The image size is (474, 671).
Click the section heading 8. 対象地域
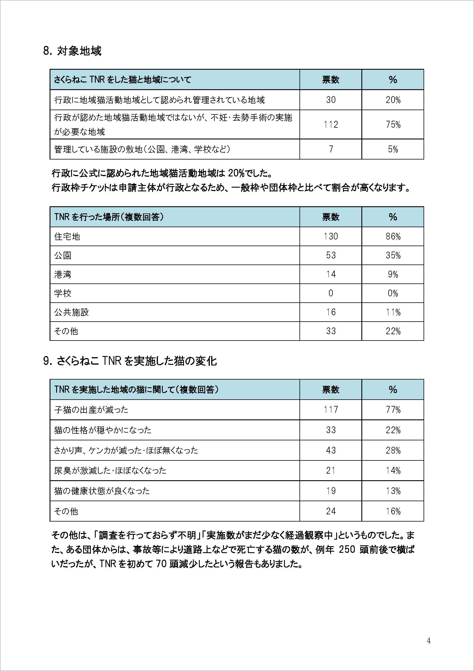72,51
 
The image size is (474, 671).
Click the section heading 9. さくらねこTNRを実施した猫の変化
130,361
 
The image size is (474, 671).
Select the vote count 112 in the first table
331,125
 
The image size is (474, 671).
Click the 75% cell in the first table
393,125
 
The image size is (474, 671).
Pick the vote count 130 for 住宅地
331,236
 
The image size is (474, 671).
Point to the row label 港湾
63,275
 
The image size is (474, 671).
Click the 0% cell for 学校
393,293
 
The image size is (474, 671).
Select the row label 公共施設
72,312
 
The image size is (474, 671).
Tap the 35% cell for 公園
393,255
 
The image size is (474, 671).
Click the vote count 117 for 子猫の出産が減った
331,409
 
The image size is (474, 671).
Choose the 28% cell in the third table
393,450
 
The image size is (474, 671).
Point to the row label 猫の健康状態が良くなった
102,491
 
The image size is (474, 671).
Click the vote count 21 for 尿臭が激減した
331,470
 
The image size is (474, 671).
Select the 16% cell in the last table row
393,511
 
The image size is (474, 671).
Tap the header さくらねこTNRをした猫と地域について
123,79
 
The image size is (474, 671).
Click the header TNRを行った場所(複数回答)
109,217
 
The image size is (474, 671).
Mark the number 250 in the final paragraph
347,550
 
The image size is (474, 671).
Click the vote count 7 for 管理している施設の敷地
331,149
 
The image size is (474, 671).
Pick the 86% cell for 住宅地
393,236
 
